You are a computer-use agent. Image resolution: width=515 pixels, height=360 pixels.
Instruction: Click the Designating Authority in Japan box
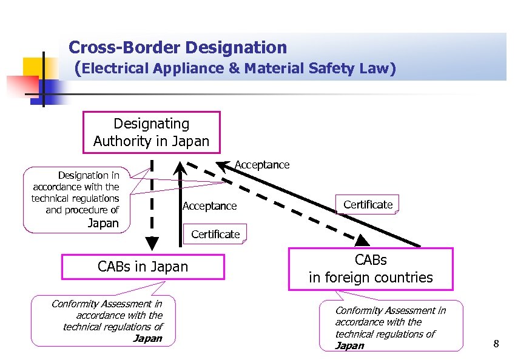click(x=151, y=133)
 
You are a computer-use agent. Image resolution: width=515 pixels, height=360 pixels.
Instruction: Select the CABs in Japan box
click(x=143, y=267)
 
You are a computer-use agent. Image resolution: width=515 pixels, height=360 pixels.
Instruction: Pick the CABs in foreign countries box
click(x=371, y=269)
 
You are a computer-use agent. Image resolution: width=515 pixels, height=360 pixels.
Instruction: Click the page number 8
click(x=496, y=345)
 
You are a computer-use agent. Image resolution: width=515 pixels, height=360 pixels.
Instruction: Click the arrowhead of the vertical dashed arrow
click(x=152, y=242)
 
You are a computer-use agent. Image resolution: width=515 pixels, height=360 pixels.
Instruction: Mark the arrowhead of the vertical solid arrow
click(x=180, y=165)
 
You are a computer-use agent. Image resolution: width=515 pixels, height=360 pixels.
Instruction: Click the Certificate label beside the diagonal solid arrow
click(x=368, y=205)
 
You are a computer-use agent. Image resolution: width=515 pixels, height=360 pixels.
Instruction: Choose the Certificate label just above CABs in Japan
click(x=215, y=235)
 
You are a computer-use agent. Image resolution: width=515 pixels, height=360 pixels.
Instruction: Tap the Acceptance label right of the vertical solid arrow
click(x=209, y=207)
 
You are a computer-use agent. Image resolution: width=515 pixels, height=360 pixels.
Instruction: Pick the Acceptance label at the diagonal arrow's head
click(x=261, y=165)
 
